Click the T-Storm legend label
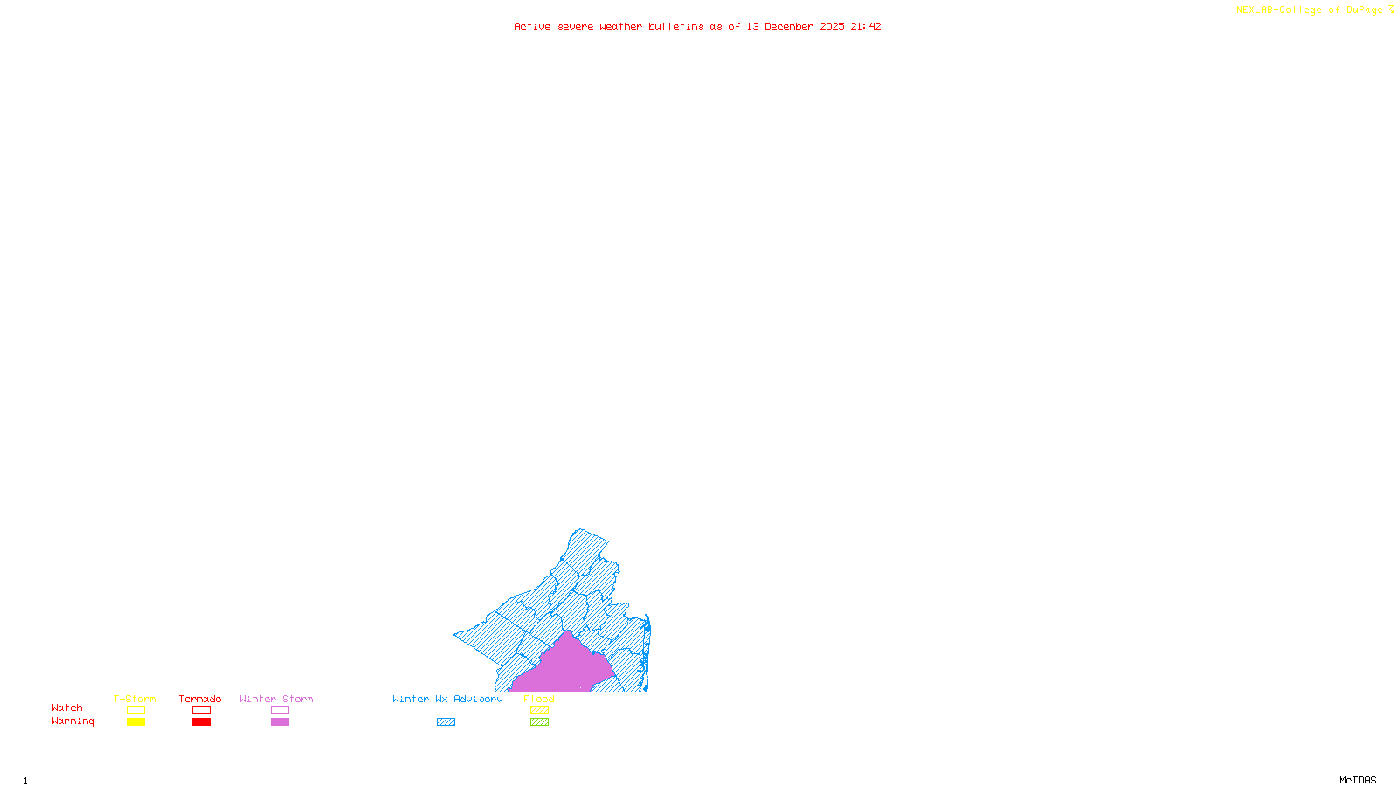[135, 699]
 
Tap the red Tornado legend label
[200, 699]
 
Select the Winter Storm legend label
[276, 699]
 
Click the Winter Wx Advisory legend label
[447, 699]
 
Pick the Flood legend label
[539, 699]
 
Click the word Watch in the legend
[67, 707]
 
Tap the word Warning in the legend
[73, 721]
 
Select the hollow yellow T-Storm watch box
[135, 710]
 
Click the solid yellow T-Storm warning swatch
[135, 722]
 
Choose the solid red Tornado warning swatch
[202, 722]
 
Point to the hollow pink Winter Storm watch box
[280, 710]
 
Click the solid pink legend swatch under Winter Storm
[280, 722]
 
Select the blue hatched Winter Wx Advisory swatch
[446, 722]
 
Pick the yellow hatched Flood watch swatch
[539, 710]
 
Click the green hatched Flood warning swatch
[539, 722]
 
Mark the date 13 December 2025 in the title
[795, 26]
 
